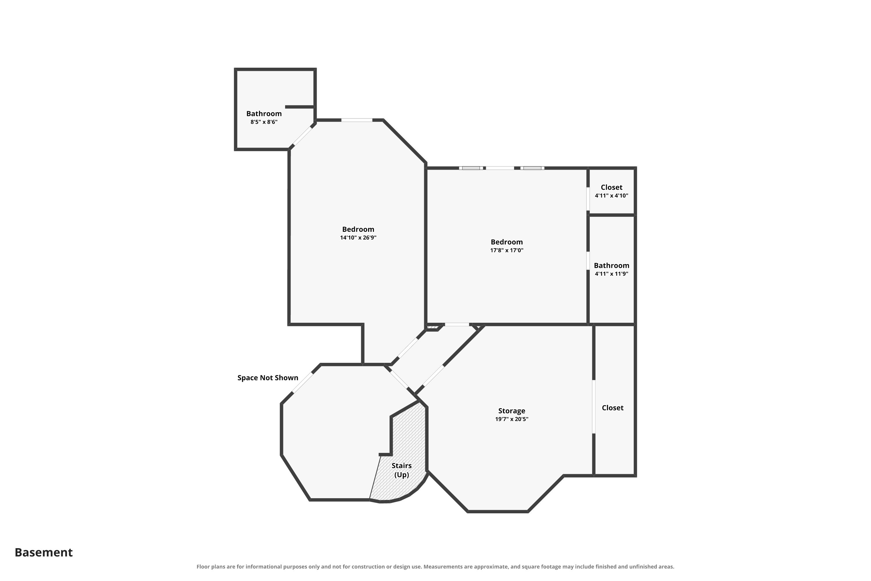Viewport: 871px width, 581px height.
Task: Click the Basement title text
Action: [44, 552]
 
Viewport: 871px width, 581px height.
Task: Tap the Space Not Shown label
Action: [268, 378]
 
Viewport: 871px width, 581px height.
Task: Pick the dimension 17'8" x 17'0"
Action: [507, 250]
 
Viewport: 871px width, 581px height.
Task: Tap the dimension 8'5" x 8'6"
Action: [264, 122]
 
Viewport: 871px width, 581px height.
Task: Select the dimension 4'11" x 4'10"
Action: [611, 196]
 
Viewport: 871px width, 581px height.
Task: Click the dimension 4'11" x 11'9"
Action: [611, 274]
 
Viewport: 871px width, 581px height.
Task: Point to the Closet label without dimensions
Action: [613, 408]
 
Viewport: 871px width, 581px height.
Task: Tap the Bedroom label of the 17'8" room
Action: [507, 242]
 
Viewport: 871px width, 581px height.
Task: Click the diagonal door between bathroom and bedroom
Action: [303, 136]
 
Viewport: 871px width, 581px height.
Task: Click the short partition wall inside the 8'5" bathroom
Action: [300, 107]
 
